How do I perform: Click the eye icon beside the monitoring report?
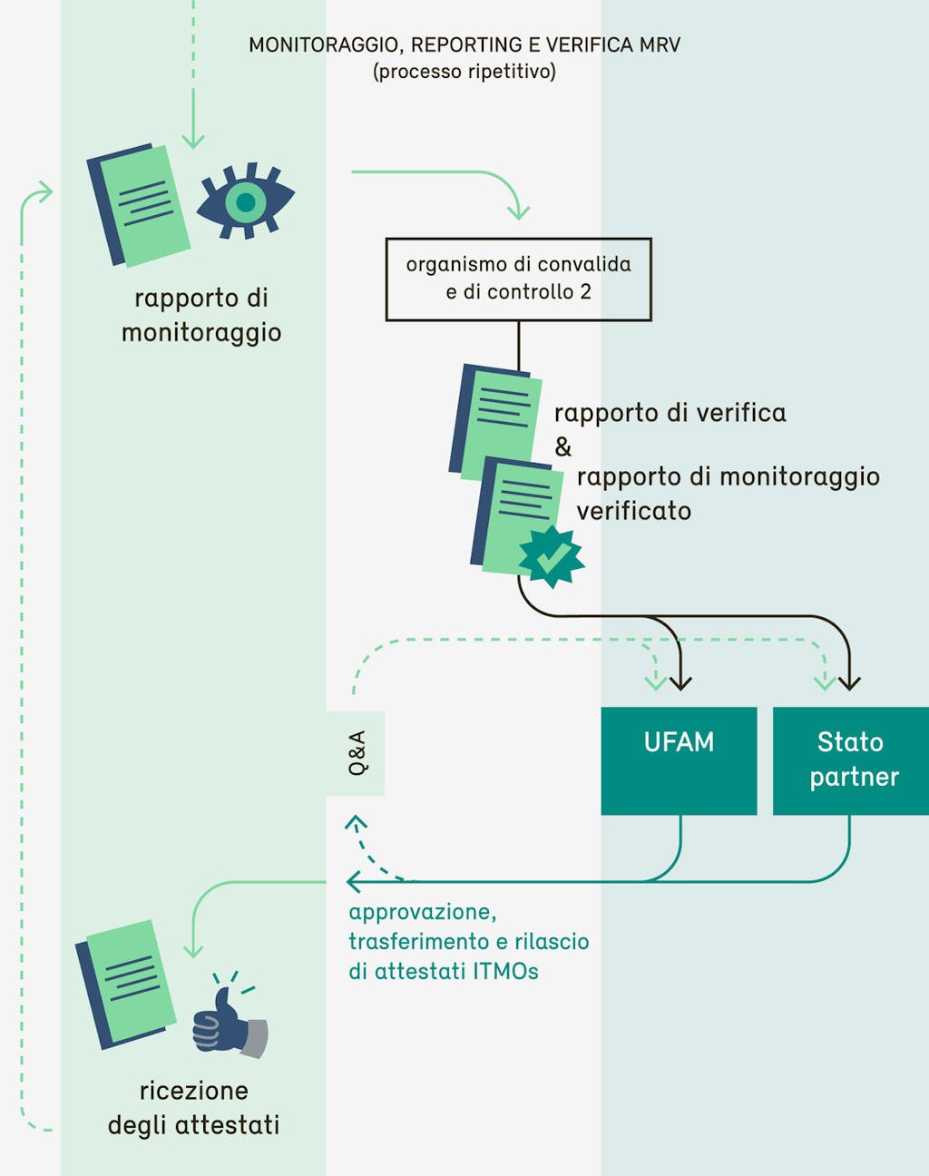246,201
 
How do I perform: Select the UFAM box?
679,760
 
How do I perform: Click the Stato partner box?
850,760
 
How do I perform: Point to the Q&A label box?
356,753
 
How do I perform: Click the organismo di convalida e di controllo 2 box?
518,279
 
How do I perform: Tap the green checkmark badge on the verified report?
552,556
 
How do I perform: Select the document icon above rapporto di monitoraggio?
139,205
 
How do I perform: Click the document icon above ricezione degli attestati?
126,984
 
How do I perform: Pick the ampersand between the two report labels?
563,446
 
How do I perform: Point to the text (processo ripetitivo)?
464,72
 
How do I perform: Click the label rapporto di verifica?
670,413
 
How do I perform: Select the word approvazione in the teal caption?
422,912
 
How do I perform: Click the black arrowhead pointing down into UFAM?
680,682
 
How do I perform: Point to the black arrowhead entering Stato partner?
849,682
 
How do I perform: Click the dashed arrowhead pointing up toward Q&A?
356,823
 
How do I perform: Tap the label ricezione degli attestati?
193,1108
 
